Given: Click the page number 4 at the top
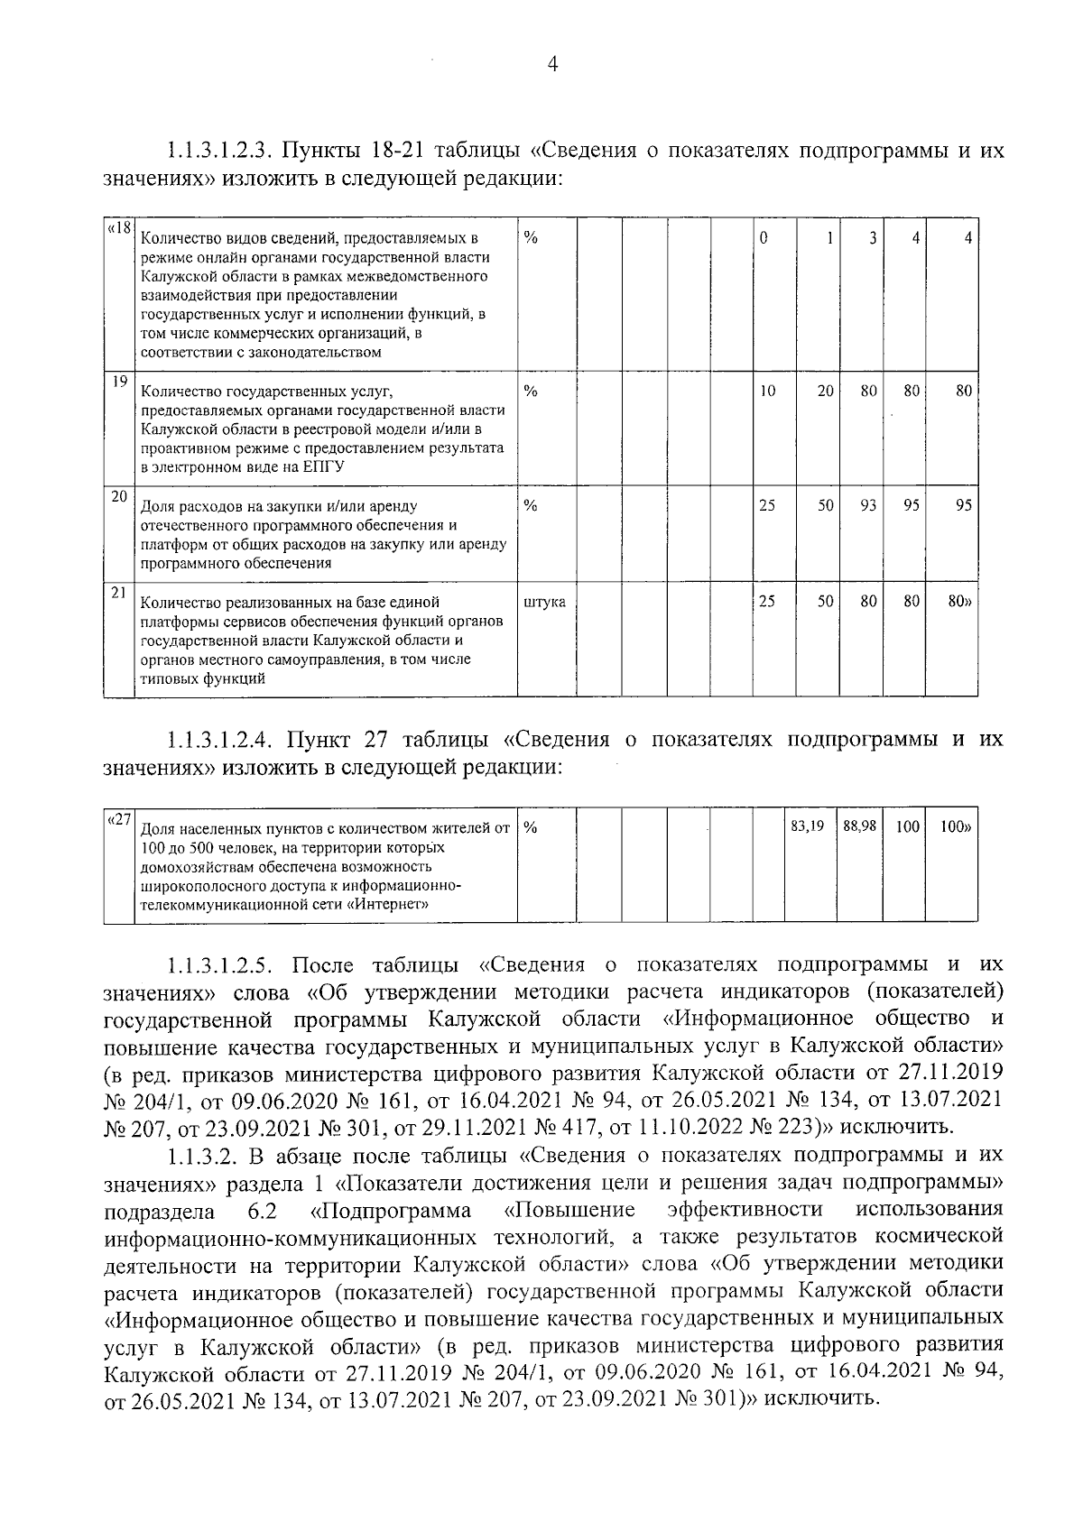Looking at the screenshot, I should point(552,64).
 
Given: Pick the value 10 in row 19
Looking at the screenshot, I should point(767,392).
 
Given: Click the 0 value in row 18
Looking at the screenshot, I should point(764,239).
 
